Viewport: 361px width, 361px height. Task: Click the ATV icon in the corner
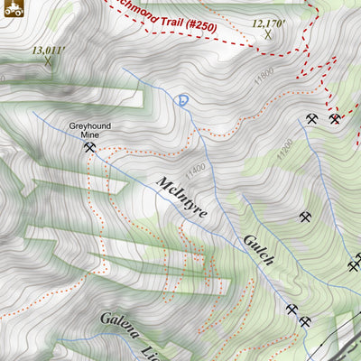(x=12, y=10)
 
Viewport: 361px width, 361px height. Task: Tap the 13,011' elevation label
(x=48, y=51)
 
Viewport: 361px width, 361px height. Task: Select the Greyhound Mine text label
(x=88, y=133)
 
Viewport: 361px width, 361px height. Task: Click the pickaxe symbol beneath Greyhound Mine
(x=88, y=148)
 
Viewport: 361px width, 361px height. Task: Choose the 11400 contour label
(x=194, y=169)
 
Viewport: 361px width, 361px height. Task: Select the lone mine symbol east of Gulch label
(x=305, y=217)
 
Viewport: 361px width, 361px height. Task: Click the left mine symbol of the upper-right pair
(x=311, y=119)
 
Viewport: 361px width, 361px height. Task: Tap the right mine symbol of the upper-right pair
(x=334, y=119)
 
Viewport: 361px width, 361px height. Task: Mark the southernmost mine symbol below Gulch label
(x=305, y=321)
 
